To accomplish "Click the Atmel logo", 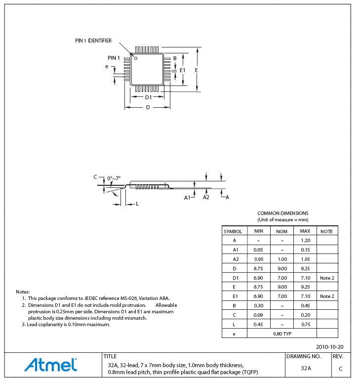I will (50, 365).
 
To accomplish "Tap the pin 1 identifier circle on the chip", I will (136, 58).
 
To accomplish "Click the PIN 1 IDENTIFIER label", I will (93, 41).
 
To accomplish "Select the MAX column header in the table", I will (305, 231).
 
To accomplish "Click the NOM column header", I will (281, 231).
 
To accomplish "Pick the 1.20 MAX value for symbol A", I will (305, 241).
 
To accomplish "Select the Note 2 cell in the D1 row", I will (327, 278).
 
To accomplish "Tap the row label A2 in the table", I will (235, 259).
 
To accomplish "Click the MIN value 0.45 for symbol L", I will (258, 324).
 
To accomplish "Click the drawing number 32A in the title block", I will (306, 368).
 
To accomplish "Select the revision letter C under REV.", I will (340, 369).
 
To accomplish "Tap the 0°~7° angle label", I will (113, 178).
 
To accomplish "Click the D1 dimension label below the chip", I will (148, 97).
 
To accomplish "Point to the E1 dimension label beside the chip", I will (182, 71).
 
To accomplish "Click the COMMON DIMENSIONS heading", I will (282, 213).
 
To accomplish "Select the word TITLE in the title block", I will (110, 356).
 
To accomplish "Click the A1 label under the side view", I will (187, 198).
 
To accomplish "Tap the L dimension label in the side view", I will (137, 204).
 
